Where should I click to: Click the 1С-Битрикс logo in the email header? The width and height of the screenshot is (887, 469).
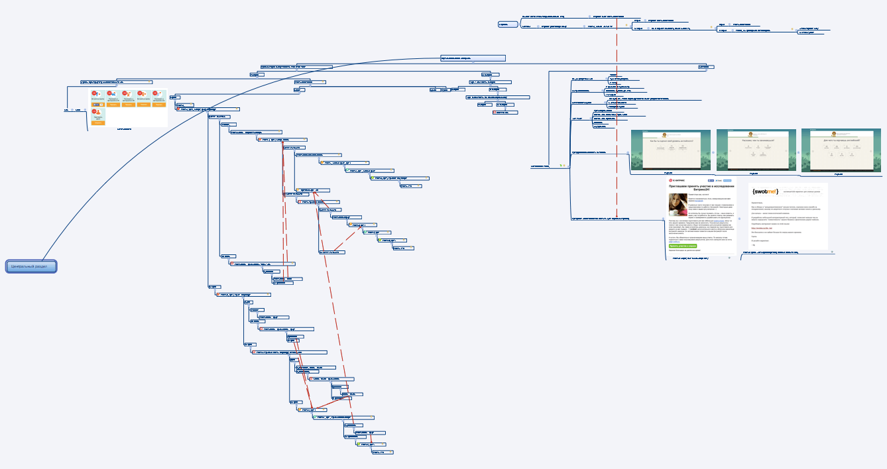point(679,180)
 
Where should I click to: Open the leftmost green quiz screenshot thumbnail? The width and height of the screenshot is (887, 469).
point(670,150)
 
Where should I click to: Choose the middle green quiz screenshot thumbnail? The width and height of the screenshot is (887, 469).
point(755,150)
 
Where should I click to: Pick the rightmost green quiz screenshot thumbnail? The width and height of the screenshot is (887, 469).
point(841,150)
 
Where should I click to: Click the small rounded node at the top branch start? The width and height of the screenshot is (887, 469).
point(507,25)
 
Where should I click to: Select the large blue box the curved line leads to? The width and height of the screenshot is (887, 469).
point(473,58)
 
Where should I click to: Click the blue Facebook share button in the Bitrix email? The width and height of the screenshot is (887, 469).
point(711,180)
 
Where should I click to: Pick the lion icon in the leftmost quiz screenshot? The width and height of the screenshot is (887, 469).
point(670,134)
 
